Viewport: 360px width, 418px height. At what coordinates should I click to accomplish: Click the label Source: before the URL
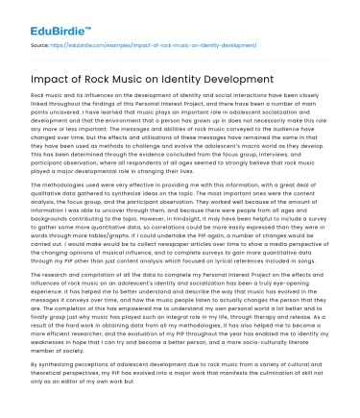point(39,43)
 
